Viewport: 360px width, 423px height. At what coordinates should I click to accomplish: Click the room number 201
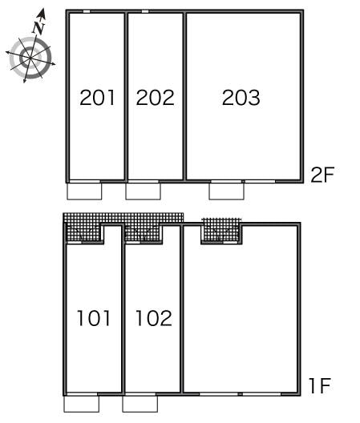98,99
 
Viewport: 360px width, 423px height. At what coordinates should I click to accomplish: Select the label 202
155,99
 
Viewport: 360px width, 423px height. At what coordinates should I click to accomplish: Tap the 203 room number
241,99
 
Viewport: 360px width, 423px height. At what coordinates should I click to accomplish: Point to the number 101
94,319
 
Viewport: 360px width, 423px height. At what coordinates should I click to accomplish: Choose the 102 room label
152,319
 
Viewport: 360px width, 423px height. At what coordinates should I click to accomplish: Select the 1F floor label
319,387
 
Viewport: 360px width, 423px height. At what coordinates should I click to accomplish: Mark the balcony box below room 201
84,191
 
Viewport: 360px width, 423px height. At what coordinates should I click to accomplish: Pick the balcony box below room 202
143,191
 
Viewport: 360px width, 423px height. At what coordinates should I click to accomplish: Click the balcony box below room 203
226,191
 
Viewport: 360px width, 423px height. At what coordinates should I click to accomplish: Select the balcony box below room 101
81,403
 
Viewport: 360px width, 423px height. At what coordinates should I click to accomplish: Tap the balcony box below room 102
140,403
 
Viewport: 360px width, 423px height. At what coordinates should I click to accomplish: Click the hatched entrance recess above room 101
84,232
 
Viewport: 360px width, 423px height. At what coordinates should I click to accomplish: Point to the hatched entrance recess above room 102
143,232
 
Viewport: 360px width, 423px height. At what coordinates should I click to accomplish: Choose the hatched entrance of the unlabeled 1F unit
221,231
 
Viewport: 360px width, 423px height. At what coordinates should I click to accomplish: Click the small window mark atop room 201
87,12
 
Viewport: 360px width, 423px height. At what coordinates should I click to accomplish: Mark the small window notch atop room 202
144,12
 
